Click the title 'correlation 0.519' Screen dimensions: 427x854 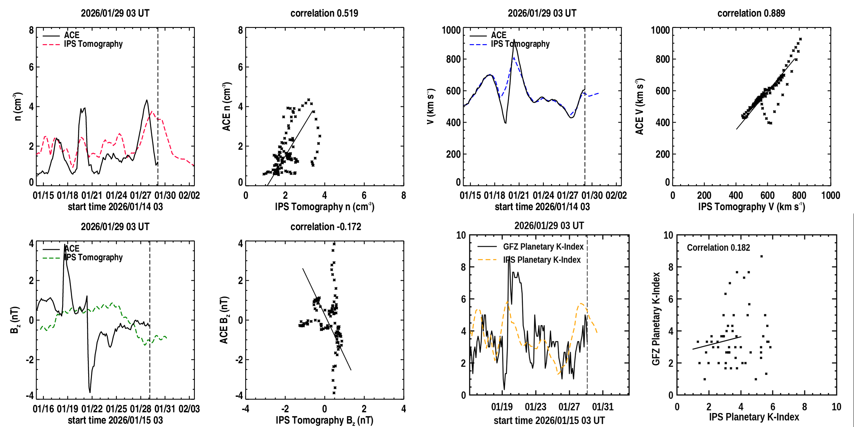click(324, 13)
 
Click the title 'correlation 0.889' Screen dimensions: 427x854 click(751, 13)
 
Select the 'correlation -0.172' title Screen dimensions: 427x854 click(326, 227)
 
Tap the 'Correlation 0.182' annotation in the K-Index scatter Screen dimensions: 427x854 click(718, 247)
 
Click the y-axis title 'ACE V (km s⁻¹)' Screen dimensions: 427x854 click(640, 106)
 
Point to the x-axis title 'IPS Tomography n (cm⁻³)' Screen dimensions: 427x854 click(324, 207)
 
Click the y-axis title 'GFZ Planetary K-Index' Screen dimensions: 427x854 click(656, 319)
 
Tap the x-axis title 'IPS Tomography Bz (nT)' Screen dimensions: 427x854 click(324, 420)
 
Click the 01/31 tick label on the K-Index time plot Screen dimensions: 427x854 click(603, 407)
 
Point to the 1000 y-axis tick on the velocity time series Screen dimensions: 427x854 click(451, 30)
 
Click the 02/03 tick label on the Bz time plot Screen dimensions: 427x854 click(189, 409)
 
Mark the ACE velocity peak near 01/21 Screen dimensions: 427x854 click(514, 40)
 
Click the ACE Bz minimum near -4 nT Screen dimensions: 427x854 click(90, 392)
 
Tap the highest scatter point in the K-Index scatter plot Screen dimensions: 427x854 click(761, 256)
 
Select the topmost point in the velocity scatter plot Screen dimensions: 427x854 click(800, 39)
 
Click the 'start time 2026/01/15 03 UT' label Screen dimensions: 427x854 click(549, 421)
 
